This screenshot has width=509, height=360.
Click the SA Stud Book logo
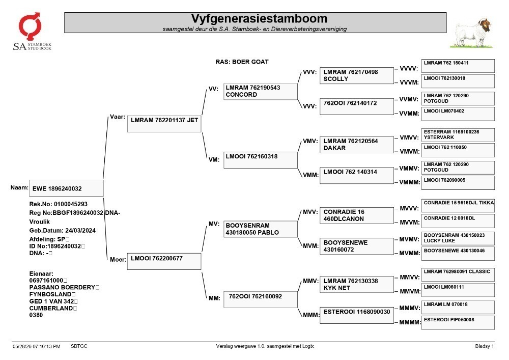(x=32, y=32)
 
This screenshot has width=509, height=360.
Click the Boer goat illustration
(x=471, y=34)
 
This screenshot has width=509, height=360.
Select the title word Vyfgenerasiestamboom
(x=259, y=18)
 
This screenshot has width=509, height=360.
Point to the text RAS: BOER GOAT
(x=242, y=62)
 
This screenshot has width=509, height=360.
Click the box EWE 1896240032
(x=66, y=188)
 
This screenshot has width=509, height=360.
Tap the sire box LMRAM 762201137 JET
(x=164, y=124)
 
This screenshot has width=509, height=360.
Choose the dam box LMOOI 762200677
(x=164, y=261)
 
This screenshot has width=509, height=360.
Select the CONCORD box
(x=260, y=91)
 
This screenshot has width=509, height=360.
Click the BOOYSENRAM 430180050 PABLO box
(x=260, y=229)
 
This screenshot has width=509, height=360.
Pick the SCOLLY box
(x=356, y=76)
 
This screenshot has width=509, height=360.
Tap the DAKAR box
(x=356, y=145)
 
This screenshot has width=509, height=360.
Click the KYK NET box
(x=356, y=285)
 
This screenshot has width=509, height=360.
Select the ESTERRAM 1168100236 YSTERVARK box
(x=458, y=135)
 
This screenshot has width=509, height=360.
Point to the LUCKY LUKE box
(x=458, y=238)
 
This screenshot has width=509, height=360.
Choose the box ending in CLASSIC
(x=458, y=274)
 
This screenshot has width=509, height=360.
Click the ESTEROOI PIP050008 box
(x=458, y=323)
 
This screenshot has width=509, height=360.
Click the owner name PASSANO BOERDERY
(x=62, y=287)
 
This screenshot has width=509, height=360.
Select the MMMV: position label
(x=409, y=308)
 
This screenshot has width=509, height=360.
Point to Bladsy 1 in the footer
(x=485, y=346)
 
